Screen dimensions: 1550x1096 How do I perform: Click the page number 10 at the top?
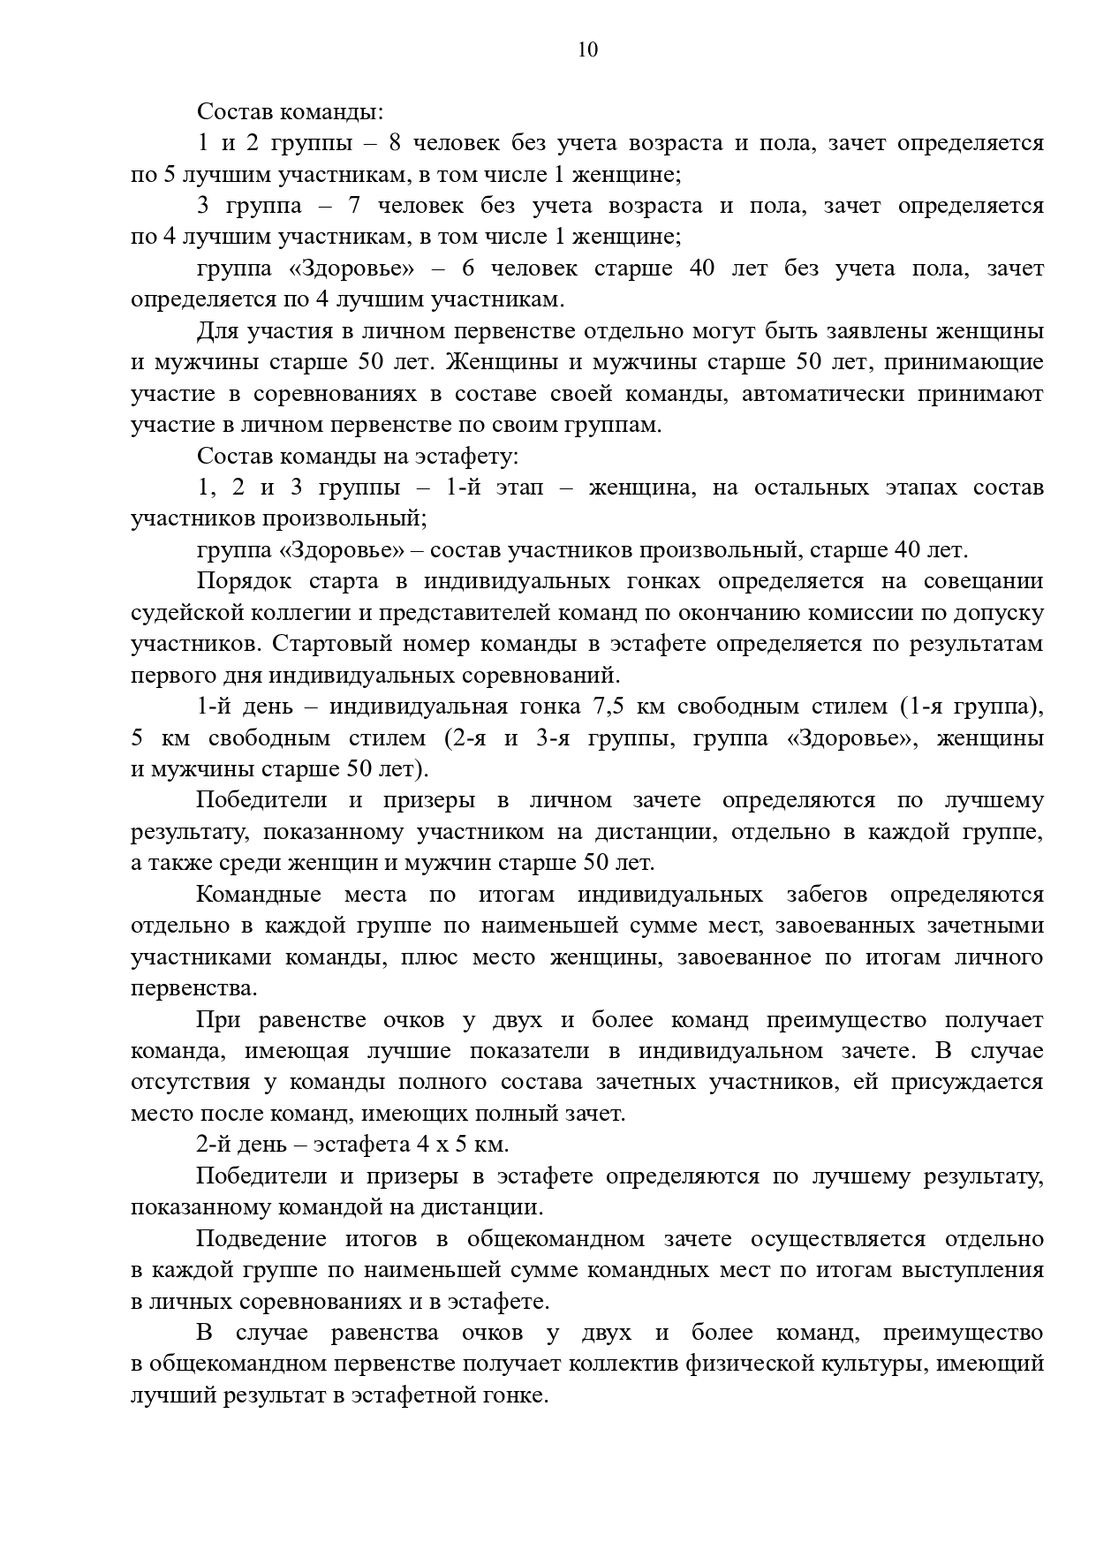coord(587,49)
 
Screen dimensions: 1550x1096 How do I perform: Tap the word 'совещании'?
coord(983,581)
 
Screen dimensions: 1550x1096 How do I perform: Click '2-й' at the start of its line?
coord(214,1145)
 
